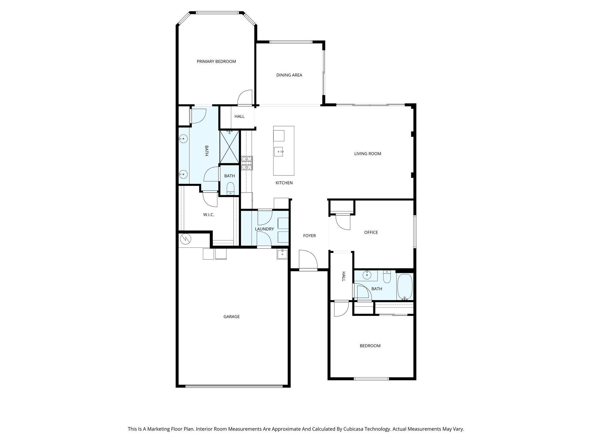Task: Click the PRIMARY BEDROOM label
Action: (x=216, y=61)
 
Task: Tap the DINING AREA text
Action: (x=289, y=75)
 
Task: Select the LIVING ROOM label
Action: (x=368, y=154)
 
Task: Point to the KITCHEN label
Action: (x=284, y=183)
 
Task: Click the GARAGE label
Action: (x=232, y=317)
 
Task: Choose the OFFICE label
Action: (x=371, y=232)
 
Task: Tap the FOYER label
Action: (x=309, y=236)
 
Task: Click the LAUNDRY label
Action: (x=264, y=229)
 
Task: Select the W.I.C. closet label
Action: (x=208, y=215)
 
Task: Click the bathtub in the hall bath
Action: (x=405, y=287)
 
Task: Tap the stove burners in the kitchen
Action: (x=247, y=163)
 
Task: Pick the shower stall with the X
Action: (x=230, y=147)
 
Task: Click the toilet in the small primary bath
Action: (x=230, y=188)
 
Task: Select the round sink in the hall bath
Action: (x=367, y=275)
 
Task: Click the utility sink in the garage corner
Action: (x=282, y=254)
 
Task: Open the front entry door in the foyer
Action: (x=308, y=260)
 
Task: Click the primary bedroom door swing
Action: (x=245, y=97)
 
